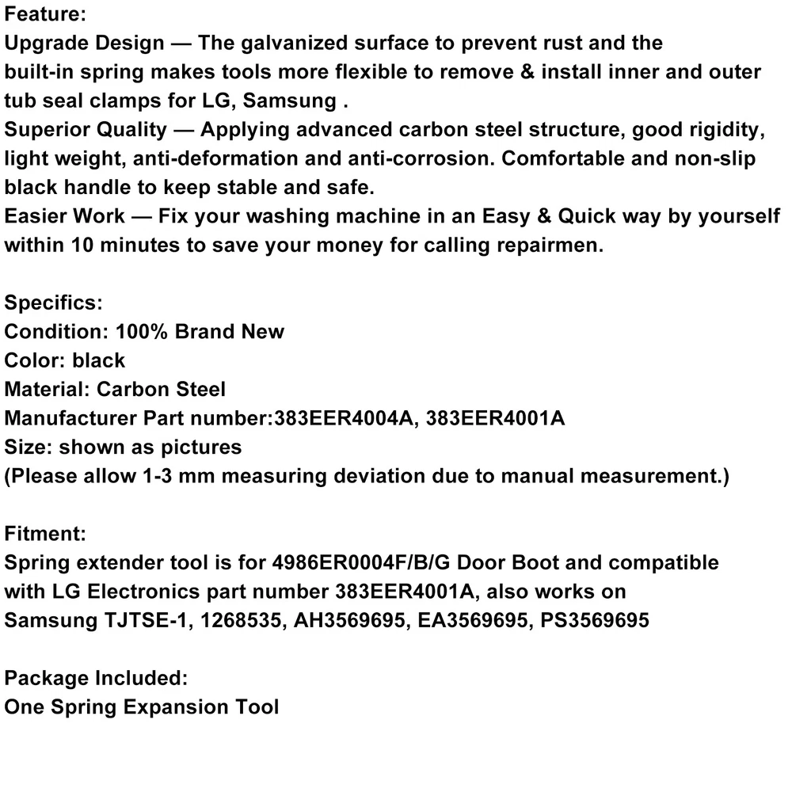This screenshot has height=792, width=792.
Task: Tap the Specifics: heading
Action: tap(53, 303)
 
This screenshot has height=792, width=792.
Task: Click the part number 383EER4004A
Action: tap(345, 418)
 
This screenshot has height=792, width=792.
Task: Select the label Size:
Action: tap(29, 447)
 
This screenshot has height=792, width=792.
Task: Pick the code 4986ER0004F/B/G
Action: tap(380, 562)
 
